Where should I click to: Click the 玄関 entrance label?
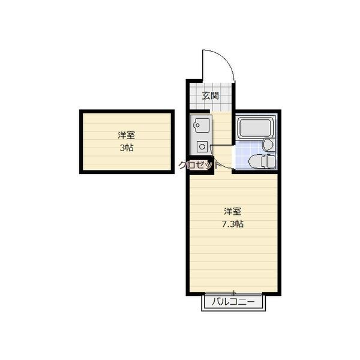click(210, 96)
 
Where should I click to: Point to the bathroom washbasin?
click(268, 145)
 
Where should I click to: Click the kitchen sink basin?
click(202, 125)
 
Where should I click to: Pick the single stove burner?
click(202, 146)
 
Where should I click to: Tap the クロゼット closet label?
click(199, 165)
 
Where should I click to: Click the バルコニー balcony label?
click(233, 302)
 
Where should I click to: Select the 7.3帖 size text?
click(233, 224)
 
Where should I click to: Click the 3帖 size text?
click(127, 148)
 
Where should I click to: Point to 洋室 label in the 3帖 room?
click(126, 135)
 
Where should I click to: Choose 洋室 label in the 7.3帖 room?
click(233, 211)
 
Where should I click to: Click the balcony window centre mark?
click(233, 293)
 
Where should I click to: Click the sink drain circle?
click(197, 125)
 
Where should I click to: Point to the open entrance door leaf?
click(202, 65)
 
